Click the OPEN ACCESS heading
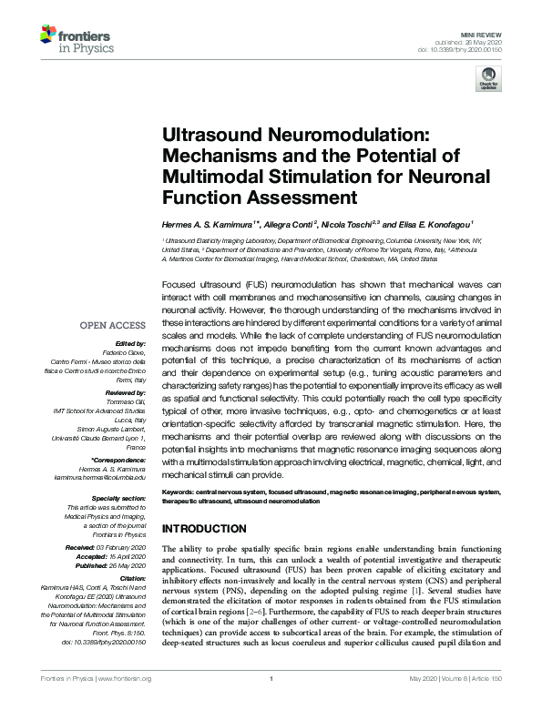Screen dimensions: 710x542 point(113,325)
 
